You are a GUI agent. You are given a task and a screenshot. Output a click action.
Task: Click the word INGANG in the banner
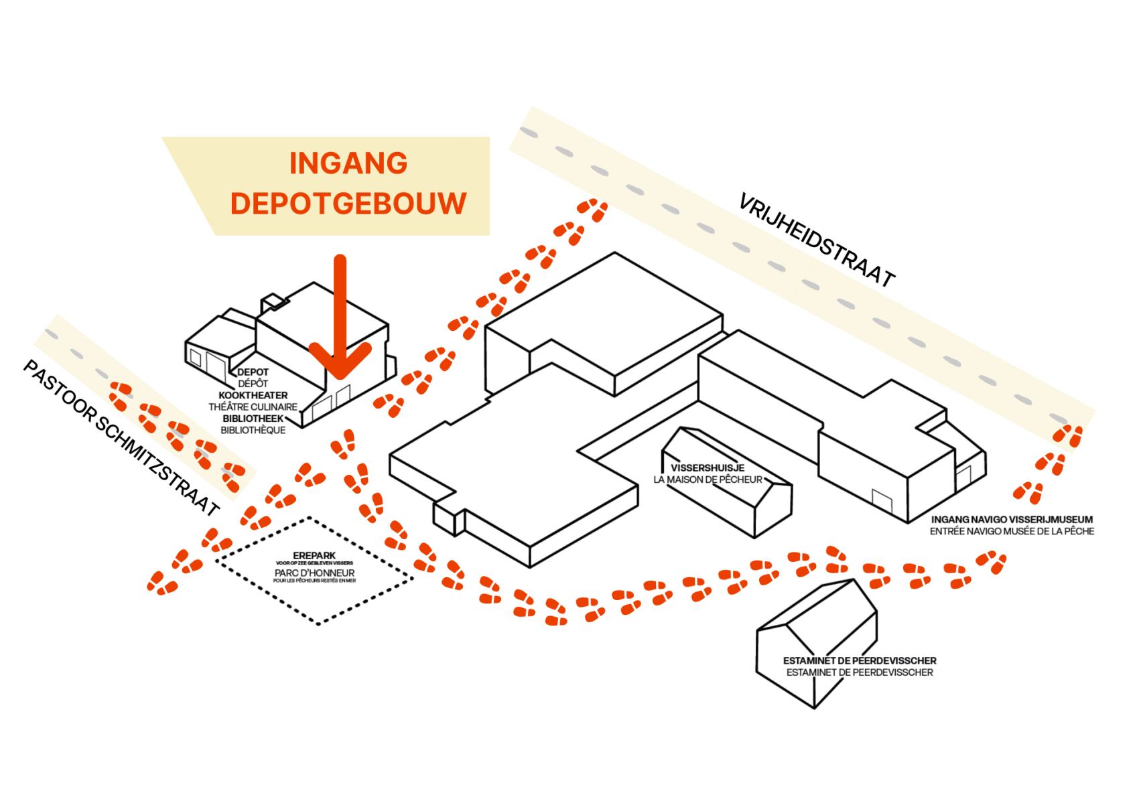[x=348, y=163]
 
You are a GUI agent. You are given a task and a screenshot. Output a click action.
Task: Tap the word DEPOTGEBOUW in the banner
[x=348, y=204]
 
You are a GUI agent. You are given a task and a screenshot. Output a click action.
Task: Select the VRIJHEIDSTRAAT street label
[x=816, y=240]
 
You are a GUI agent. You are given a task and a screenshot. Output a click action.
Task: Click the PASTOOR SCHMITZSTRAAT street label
[x=121, y=437]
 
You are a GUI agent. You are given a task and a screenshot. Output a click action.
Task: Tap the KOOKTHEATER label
[x=253, y=395]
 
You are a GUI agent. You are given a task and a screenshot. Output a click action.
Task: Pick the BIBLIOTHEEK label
[x=253, y=419]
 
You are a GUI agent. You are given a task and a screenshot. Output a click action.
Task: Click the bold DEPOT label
[x=253, y=372]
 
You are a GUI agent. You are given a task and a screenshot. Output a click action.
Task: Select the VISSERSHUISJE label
[x=708, y=467]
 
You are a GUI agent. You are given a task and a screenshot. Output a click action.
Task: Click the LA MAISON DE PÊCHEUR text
[x=708, y=480]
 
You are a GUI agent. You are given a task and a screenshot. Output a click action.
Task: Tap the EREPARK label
[x=314, y=555]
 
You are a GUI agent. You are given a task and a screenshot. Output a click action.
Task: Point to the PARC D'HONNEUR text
[x=314, y=573]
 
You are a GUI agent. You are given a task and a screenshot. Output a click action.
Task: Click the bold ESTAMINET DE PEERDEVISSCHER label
[x=860, y=660]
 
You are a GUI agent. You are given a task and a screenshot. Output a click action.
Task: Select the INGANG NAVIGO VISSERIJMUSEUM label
[x=1012, y=519]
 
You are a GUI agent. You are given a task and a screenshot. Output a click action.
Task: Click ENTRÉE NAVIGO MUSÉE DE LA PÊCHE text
[x=1012, y=531]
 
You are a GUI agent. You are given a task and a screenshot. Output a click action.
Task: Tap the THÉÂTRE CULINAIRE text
[x=253, y=407]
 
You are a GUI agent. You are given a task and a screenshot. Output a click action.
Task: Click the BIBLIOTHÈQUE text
[x=253, y=430]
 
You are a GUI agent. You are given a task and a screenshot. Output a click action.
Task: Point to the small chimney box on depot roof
[x=274, y=301]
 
